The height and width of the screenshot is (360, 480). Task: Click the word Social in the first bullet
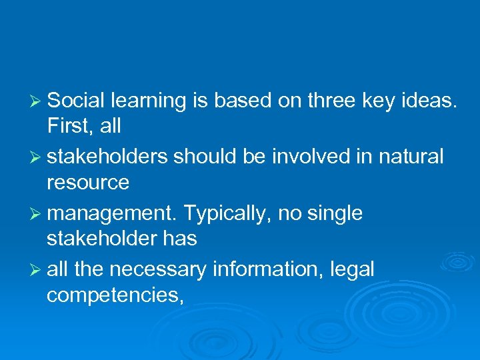point(77,101)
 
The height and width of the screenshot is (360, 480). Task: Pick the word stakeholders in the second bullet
point(108,157)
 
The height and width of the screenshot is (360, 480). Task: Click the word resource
point(87,182)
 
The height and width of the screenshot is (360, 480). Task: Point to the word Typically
point(227,214)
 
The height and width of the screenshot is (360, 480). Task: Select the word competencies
point(114,294)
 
